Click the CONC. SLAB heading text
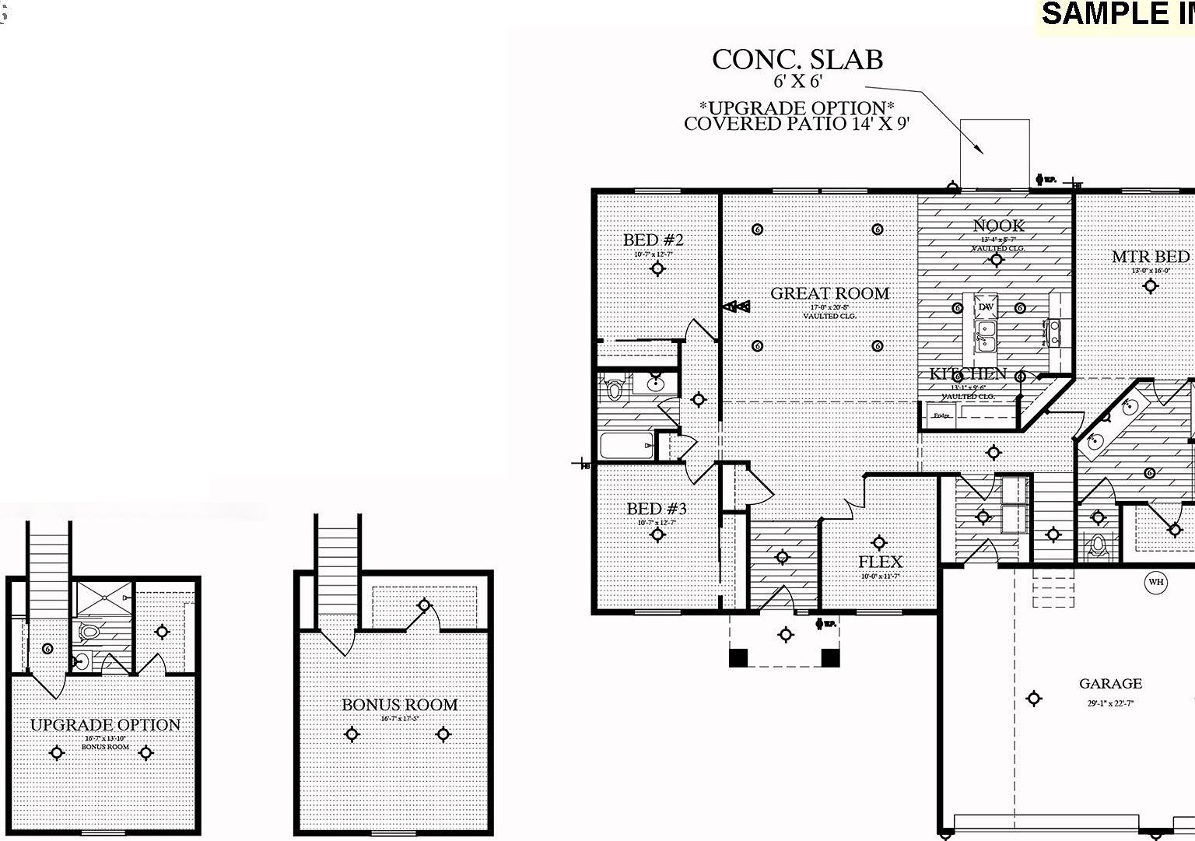[797, 60]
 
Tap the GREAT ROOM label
[829, 293]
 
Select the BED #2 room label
[653, 240]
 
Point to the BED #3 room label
[657, 509]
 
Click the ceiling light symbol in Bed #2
[658, 269]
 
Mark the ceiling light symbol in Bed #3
[658, 534]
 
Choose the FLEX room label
[880, 562]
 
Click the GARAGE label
[1110, 684]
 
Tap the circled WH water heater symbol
[1156, 582]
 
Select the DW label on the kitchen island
[986, 307]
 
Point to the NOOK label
[999, 226]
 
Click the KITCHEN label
[968, 374]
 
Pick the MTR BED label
[1150, 257]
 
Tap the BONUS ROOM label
[400, 705]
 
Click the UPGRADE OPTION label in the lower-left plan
[105, 725]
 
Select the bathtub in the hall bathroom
[626, 447]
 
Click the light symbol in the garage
[1033, 699]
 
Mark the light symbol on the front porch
[786, 635]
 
